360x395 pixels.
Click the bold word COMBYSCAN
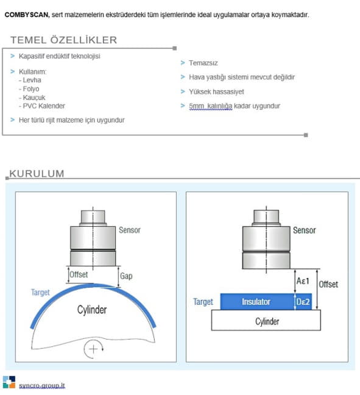(x=27, y=15)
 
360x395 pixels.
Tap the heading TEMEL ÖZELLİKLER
(x=64, y=40)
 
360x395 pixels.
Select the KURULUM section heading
(x=37, y=174)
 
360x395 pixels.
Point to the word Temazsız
(x=203, y=63)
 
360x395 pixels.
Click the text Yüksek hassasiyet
(x=216, y=91)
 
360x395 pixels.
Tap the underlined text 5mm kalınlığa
(x=211, y=106)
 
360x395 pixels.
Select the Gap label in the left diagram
(x=126, y=276)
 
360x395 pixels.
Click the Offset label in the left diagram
(x=79, y=274)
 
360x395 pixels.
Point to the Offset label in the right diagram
(x=328, y=284)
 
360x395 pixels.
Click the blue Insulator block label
(x=256, y=302)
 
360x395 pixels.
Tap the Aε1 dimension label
(x=303, y=280)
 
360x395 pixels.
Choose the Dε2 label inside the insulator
(x=303, y=302)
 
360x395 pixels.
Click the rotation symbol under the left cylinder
(x=93, y=349)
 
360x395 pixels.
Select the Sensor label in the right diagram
(x=304, y=230)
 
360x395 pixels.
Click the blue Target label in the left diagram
(x=40, y=292)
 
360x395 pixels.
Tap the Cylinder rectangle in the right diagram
(x=266, y=320)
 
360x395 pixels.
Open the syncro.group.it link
(x=42, y=386)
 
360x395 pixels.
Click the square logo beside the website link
(x=9, y=382)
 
